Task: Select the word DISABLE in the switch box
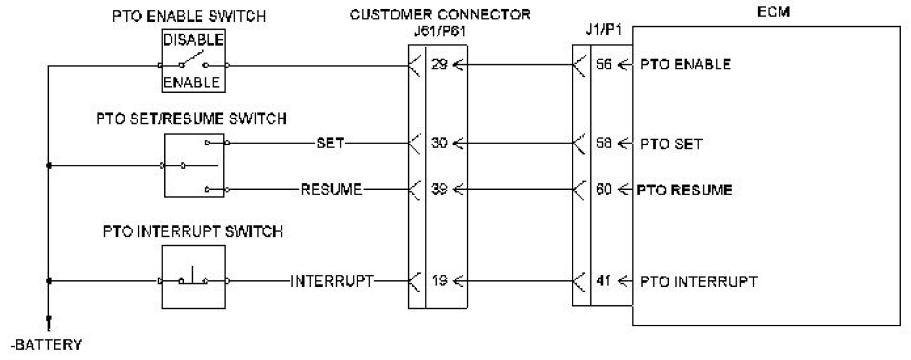point(194,40)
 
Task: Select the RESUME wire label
point(331,190)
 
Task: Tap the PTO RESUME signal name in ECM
point(684,190)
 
